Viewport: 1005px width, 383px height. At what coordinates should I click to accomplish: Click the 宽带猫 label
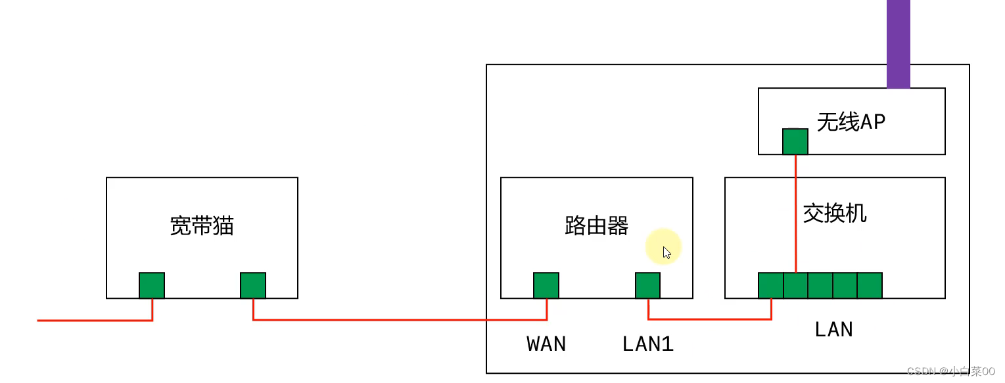click(x=202, y=226)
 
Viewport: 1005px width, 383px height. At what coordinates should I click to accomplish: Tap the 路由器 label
click(x=596, y=226)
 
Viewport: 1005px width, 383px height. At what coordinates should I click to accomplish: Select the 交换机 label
click(x=835, y=213)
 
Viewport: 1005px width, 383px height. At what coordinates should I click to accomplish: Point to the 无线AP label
click(x=851, y=122)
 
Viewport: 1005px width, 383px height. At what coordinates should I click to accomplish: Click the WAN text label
click(x=546, y=344)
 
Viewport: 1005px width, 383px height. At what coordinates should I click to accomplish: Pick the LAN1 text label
click(x=647, y=344)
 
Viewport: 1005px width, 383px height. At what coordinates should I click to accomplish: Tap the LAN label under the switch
click(x=833, y=328)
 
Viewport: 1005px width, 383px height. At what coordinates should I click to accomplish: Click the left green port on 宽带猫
click(x=152, y=286)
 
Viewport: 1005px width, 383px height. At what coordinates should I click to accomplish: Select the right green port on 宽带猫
click(x=253, y=286)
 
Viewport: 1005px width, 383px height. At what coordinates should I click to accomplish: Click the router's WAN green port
click(x=546, y=286)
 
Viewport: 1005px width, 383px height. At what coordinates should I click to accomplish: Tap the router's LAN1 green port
click(x=647, y=286)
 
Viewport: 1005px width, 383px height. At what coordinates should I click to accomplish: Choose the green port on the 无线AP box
click(x=795, y=141)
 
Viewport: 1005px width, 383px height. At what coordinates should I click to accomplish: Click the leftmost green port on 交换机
click(x=771, y=286)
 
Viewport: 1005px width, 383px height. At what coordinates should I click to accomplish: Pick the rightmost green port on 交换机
click(x=870, y=286)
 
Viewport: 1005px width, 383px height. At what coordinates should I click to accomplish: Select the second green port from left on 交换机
click(x=795, y=286)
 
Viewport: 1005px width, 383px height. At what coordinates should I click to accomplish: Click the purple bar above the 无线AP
click(x=899, y=43)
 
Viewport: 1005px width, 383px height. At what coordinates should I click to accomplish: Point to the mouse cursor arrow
click(x=666, y=252)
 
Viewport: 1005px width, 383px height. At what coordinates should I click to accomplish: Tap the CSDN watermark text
click(x=951, y=372)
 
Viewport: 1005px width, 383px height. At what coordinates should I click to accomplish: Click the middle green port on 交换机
click(x=820, y=286)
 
